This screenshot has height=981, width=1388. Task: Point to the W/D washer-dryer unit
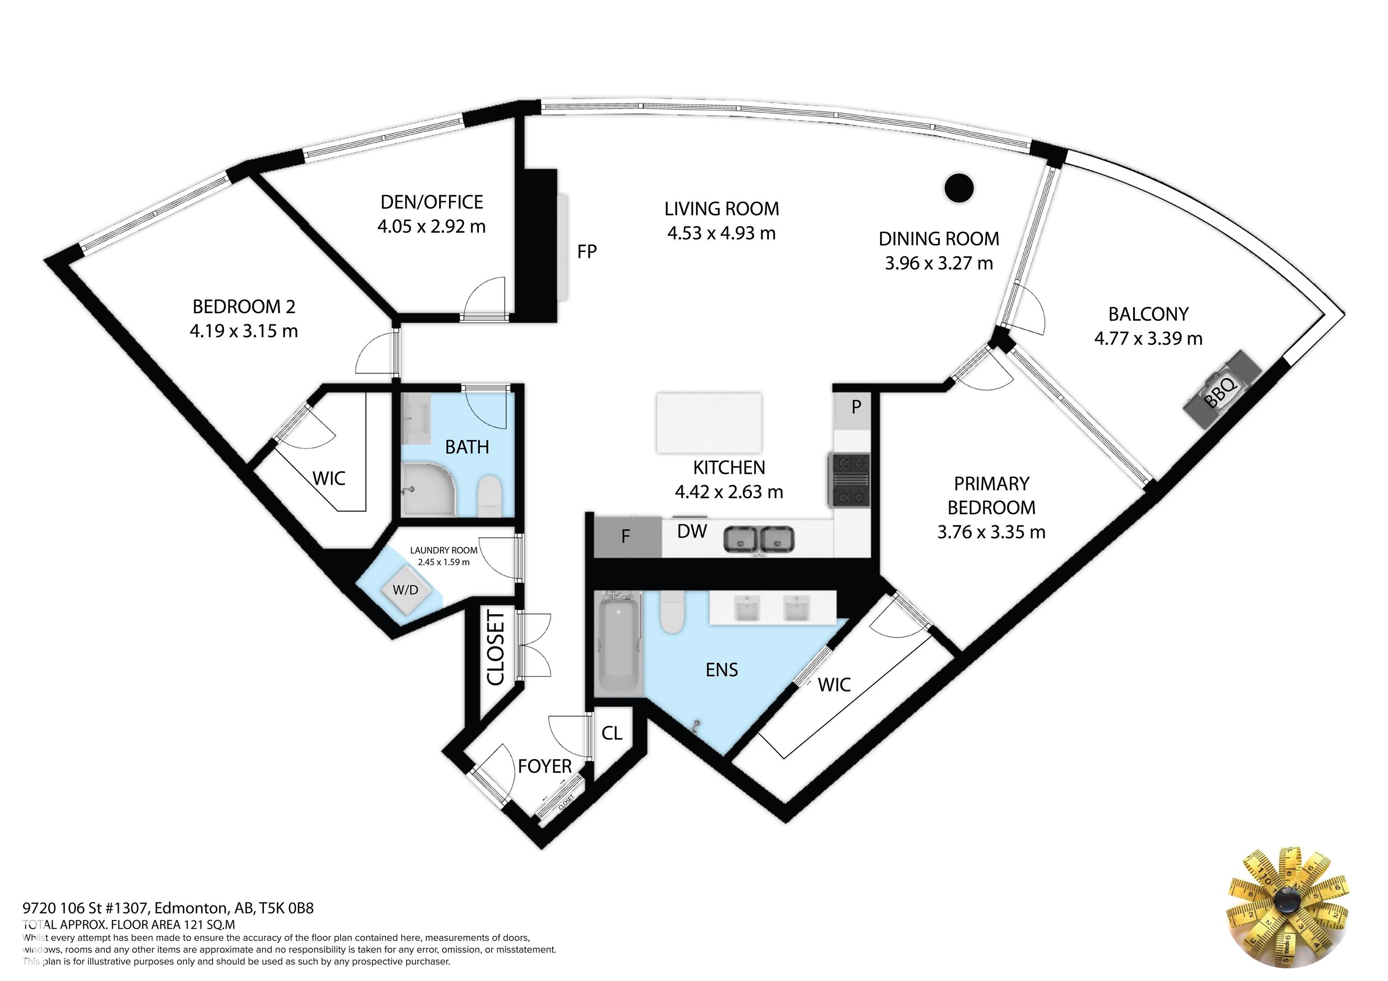[406, 589]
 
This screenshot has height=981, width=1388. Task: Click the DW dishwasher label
[692, 531]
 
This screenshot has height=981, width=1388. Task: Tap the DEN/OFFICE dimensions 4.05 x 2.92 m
[431, 227]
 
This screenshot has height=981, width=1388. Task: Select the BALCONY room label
[1149, 314]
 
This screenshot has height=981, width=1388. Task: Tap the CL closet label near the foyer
[612, 733]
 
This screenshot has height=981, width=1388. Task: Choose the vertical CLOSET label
[495, 648]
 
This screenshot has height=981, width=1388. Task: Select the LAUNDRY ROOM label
[444, 551]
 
